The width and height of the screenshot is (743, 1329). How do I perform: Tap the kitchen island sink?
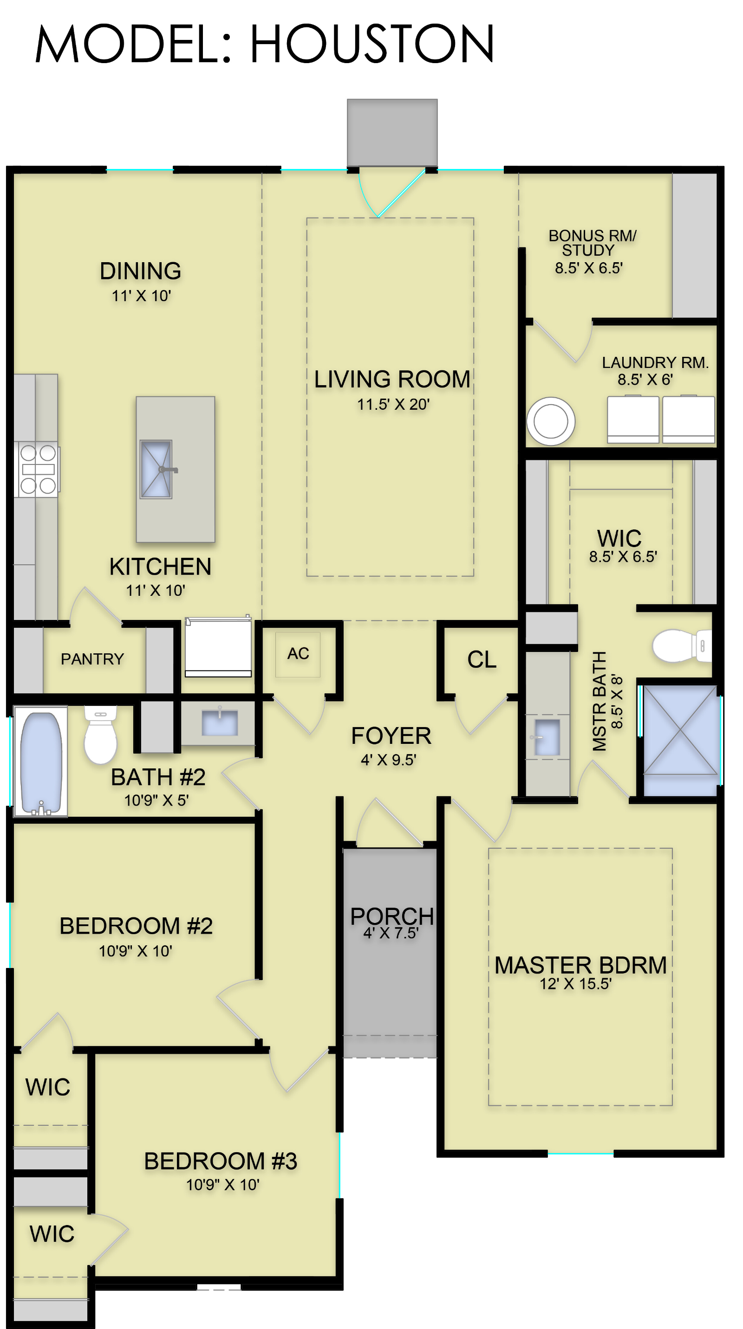(156, 469)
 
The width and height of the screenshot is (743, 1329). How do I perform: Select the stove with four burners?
(38, 469)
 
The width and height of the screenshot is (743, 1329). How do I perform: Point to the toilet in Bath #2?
(101, 735)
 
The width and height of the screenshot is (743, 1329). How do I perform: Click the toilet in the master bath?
(682, 645)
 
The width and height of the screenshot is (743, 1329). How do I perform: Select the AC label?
(298, 653)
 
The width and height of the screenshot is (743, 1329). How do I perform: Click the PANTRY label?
(92, 659)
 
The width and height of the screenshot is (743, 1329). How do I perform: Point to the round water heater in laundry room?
(550, 421)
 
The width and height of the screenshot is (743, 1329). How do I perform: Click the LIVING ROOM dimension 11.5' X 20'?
(393, 404)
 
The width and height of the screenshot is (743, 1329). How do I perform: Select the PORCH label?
(392, 917)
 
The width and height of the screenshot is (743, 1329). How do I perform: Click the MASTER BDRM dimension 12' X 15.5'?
(576, 984)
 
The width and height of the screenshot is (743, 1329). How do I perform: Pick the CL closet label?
(482, 659)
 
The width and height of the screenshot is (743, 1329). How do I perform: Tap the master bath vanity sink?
(547, 737)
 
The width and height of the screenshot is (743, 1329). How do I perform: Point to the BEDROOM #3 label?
(221, 1161)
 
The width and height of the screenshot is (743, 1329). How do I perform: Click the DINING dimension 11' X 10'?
(141, 296)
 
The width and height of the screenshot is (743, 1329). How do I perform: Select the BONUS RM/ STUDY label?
(592, 243)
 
